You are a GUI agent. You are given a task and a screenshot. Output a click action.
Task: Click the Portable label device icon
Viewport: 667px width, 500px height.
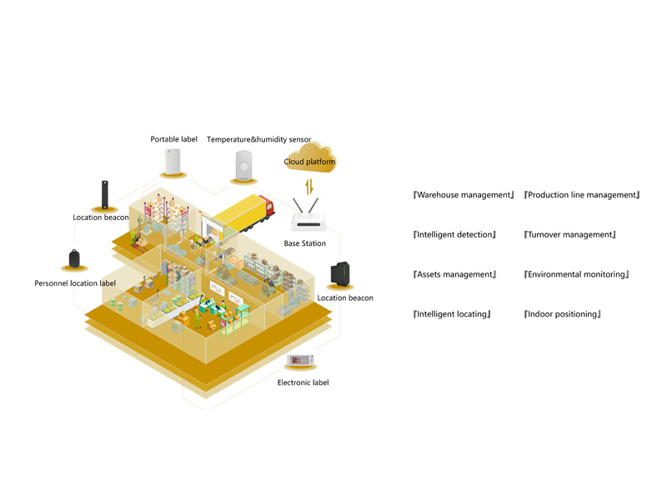point(173,162)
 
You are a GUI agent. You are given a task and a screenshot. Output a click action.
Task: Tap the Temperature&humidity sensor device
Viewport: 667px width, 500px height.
point(243,165)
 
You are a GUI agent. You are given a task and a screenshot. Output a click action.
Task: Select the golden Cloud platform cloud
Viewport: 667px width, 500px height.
point(310,157)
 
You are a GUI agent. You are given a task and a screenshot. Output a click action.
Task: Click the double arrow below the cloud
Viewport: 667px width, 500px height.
point(309,186)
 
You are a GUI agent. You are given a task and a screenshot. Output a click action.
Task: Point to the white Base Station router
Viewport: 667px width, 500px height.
point(308,215)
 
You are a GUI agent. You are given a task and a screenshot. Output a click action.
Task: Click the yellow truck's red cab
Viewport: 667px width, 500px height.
point(266,206)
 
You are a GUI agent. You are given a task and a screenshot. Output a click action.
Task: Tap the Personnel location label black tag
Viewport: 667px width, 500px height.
point(74,258)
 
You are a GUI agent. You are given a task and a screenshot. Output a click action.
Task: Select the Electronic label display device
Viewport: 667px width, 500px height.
point(300,360)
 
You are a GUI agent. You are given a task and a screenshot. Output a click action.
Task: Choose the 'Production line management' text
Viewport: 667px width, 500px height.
point(582,195)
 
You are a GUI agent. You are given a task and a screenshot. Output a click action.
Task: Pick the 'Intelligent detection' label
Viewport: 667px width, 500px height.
point(454,235)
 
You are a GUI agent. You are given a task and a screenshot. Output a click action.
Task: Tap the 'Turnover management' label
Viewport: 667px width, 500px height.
point(570,235)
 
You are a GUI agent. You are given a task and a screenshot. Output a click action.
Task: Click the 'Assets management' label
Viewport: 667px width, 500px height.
point(454,275)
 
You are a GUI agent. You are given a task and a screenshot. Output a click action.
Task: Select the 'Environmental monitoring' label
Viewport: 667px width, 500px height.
point(576,275)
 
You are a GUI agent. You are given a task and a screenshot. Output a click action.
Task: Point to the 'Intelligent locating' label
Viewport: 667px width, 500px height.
point(452,314)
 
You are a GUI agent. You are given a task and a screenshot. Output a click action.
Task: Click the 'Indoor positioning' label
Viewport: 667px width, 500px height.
point(562,314)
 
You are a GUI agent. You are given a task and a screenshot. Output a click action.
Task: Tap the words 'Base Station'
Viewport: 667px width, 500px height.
point(305,243)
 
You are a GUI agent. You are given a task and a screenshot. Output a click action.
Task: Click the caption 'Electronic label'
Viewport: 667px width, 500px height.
point(303,382)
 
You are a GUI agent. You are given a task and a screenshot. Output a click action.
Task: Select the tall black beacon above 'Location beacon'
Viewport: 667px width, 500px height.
point(105,195)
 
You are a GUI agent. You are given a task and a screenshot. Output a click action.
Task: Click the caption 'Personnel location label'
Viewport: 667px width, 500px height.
point(75,283)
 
